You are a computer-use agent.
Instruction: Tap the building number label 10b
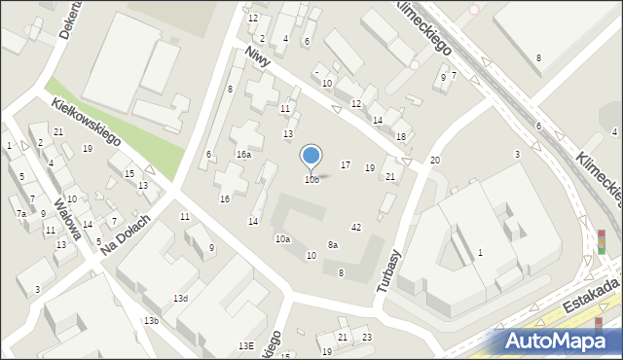[x=311, y=180]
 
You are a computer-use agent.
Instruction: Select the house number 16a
[x=243, y=155]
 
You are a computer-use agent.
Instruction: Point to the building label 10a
[x=282, y=239]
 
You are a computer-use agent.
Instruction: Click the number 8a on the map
[x=332, y=245]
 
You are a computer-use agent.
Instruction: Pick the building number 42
[x=356, y=228]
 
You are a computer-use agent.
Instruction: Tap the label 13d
[x=180, y=299]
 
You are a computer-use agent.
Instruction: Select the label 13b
[x=150, y=321]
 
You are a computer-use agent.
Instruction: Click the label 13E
[x=246, y=345]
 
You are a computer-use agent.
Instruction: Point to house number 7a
[x=20, y=213]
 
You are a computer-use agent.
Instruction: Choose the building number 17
[x=345, y=165]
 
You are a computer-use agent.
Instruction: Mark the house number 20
[x=435, y=160]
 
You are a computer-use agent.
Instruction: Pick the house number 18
[x=400, y=137]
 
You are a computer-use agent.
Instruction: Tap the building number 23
[x=366, y=338]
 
